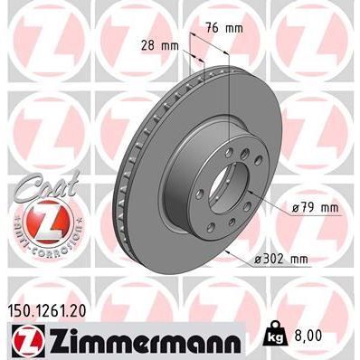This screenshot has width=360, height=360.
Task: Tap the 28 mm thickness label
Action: click(x=158, y=44)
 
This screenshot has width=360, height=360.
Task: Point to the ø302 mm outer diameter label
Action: click(x=282, y=259)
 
